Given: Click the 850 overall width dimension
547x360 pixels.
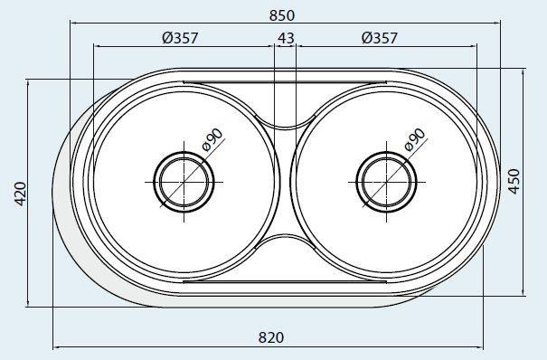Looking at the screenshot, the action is tap(282, 15).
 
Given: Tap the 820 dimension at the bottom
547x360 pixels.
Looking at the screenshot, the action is tap(271, 337).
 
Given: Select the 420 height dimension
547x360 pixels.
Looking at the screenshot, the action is tap(21, 194).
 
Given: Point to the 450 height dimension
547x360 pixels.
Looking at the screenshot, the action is tap(514, 182).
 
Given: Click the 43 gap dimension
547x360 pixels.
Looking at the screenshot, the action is tap(286, 38).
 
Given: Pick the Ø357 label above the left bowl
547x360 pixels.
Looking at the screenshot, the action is tap(180, 38).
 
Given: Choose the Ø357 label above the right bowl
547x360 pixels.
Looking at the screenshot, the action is tap(380, 38).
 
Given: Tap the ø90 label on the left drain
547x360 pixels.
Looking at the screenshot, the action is tap(212, 139).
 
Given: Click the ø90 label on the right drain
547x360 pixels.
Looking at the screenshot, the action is tap(415, 139).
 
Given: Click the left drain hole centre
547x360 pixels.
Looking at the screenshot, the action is tap(184, 182).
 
